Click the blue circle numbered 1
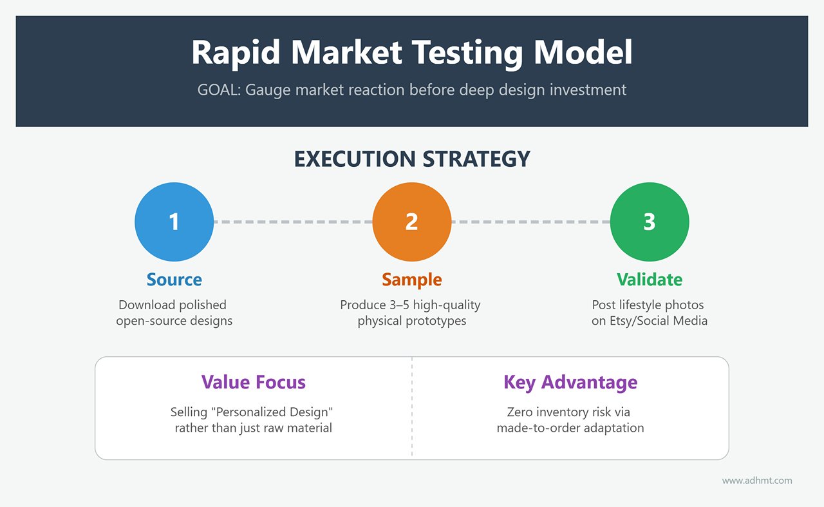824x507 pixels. (x=174, y=222)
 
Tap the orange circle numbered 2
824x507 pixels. (x=412, y=222)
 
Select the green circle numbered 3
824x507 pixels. (x=649, y=222)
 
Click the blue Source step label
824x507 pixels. (x=174, y=280)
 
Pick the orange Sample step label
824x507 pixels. (x=412, y=280)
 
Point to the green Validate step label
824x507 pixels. (x=649, y=280)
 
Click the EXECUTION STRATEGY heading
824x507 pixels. (x=412, y=159)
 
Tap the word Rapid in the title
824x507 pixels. (x=236, y=53)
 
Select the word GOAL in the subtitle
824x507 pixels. (x=218, y=90)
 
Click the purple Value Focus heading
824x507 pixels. (x=253, y=382)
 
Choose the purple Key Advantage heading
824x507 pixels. (x=570, y=382)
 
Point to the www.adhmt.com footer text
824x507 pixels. (x=757, y=481)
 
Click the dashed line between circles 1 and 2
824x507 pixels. (x=293, y=222)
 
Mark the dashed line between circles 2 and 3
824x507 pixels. (x=530, y=222)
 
